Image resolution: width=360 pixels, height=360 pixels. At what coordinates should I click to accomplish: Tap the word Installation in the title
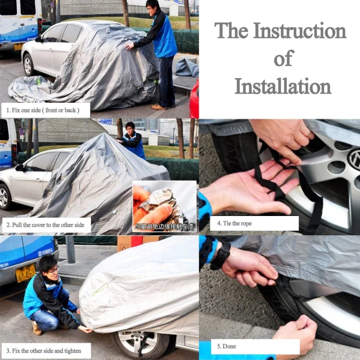tap(283, 87)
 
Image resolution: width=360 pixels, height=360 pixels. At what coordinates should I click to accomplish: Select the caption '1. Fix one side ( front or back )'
tap(46, 110)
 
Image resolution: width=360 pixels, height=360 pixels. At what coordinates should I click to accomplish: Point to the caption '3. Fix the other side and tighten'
tap(46, 350)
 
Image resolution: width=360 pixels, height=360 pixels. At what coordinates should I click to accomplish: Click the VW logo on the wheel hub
tap(354, 158)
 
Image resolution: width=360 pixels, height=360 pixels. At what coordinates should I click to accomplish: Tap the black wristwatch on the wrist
tap(220, 254)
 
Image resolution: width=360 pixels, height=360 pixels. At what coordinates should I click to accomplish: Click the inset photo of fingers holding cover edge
tap(164, 205)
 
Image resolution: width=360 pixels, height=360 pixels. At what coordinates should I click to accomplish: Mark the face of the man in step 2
tap(130, 129)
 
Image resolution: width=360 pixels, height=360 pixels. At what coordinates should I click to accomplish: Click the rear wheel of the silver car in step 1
tap(29, 65)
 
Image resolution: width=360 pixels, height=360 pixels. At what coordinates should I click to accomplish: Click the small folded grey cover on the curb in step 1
tap(187, 68)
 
